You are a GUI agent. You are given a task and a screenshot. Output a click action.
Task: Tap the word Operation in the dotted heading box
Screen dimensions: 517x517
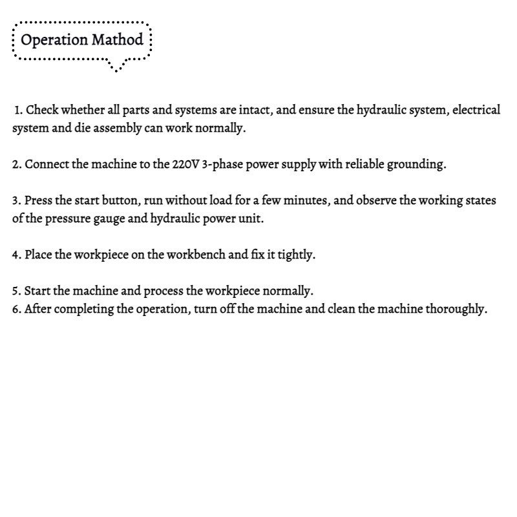[x=54, y=40]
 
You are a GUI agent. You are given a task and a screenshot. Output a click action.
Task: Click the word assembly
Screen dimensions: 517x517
[x=108, y=128]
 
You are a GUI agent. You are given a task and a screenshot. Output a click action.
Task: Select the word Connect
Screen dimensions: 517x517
[x=46, y=164]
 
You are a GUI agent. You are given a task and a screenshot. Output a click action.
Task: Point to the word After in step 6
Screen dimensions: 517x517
[x=37, y=309]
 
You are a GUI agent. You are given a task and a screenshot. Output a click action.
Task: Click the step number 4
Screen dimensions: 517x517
[x=16, y=255]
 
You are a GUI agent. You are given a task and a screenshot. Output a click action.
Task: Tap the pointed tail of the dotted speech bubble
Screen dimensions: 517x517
[x=117, y=69]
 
